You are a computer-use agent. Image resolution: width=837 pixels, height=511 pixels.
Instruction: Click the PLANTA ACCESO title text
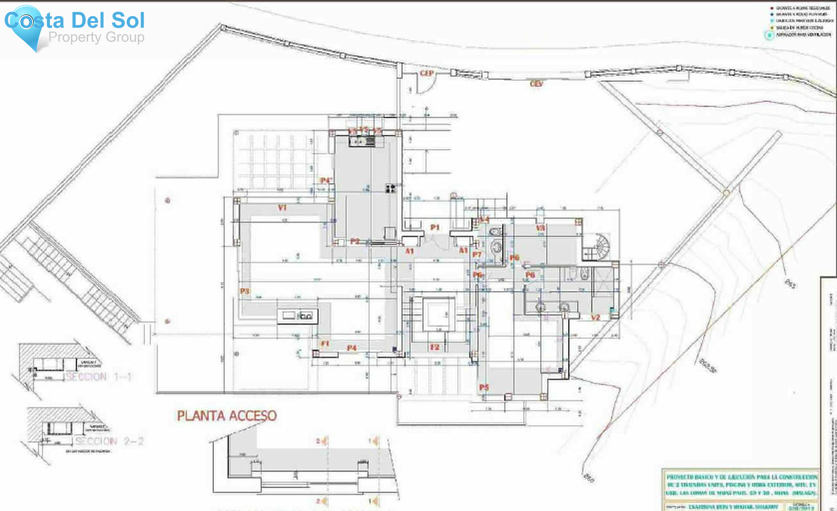pos(226,416)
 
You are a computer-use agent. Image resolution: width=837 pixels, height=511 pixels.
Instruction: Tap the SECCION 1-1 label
pos(99,377)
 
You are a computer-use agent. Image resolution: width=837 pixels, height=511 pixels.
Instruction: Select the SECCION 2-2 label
pos(109,441)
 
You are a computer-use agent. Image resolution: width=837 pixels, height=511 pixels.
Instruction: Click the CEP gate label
pos(426,73)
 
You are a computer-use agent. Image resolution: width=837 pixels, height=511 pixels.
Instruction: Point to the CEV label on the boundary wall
pos(536,84)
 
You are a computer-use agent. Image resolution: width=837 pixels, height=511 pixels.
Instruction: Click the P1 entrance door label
pos(435,228)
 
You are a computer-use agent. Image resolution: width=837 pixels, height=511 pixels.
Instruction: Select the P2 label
pos(355,241)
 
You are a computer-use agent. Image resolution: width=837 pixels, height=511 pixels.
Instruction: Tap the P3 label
pos(245,291)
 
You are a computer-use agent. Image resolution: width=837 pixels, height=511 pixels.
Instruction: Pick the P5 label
pos(484,387)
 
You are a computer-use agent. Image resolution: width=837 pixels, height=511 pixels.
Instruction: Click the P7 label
pos(477,255)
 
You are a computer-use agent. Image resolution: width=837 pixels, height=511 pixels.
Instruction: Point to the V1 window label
pos(282,208)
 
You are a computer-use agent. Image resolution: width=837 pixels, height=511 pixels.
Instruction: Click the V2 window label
pos(596,318)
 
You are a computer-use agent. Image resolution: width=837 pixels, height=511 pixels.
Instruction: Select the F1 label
pos(325,343)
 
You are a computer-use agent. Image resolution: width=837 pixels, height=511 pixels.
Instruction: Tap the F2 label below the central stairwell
pos(435,347)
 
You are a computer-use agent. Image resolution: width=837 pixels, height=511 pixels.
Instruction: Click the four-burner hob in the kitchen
pos(391,188)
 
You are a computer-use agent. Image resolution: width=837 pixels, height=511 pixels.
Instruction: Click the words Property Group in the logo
pos(96,37)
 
